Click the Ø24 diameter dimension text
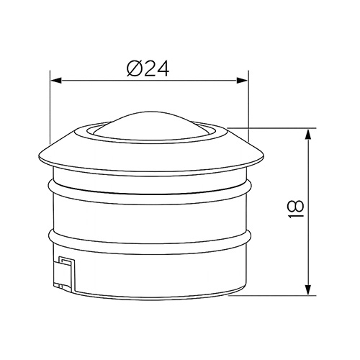(148, 68)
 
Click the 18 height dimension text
(295, 210)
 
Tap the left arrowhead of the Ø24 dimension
(56, 81)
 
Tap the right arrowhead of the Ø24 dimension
(242, 81)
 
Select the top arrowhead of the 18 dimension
(308, 135)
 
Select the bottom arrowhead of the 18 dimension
(308, 289)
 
